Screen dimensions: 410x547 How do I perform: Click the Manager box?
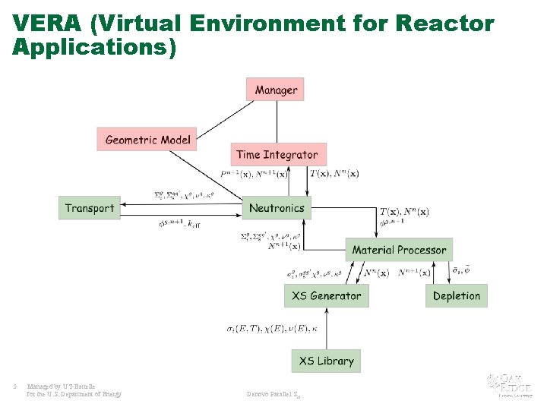pyautogui.click(x=275, y=90)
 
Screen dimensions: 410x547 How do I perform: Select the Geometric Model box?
pyautogui.click(x=147, y=139)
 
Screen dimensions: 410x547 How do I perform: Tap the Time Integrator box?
pyautogui.click(x=277, y=154)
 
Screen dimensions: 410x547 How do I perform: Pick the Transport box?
pyautogui.click(x=90, y=208)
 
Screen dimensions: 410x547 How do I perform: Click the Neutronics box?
pyautogui.click(x=277, y=208)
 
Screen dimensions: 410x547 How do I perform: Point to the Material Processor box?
pyautogui.click(x=399, y=250)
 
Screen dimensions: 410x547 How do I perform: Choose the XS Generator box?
pyautogui.click(x=327, y=295)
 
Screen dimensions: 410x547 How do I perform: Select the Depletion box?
pyautogui.click(x=456, y=295)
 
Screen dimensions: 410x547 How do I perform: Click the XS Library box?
pyautogui.click(x=326, y=361)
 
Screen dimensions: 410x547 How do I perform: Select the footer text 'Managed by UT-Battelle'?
pyautogui.click(x=62, y=386)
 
